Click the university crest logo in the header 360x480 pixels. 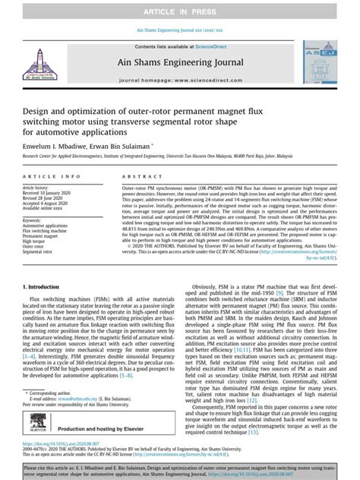[x=45, y=68]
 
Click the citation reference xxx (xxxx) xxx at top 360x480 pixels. [x=209, y=30]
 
